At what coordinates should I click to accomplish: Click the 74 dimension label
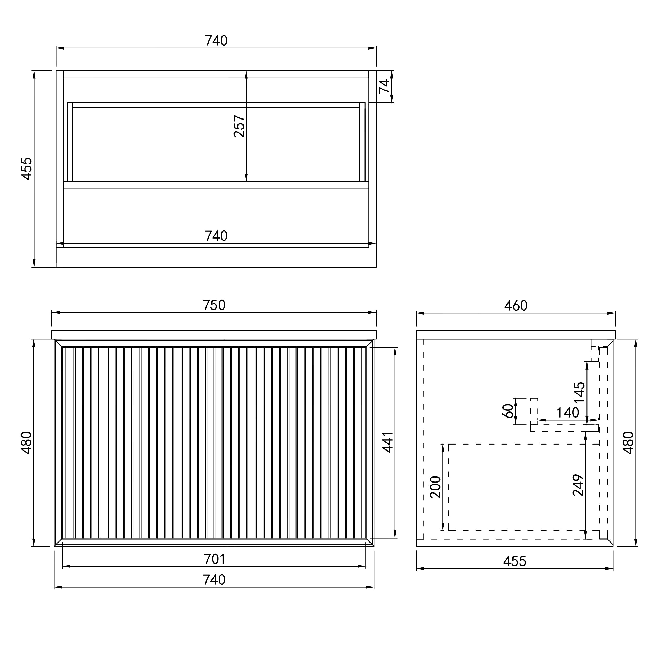[384, 86]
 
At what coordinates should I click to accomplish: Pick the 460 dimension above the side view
[516, 305]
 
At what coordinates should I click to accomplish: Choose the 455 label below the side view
[515, 561]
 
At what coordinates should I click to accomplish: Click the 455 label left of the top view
[27, 169]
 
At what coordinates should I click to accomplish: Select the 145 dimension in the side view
[579, 393]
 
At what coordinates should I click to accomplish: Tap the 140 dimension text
[568, 413]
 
